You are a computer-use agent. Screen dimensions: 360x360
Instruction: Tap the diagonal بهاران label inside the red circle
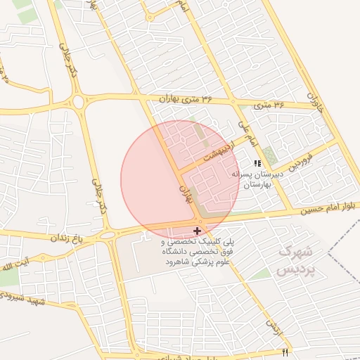click(186, 193)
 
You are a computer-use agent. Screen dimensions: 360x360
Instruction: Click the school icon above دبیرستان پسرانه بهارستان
click(256, 163)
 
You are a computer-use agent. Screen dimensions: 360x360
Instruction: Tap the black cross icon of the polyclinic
click(196, 230)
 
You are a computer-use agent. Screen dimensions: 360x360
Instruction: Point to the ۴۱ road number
click(285, 352)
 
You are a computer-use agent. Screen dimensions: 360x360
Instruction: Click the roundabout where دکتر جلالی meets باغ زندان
click(107, 235)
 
